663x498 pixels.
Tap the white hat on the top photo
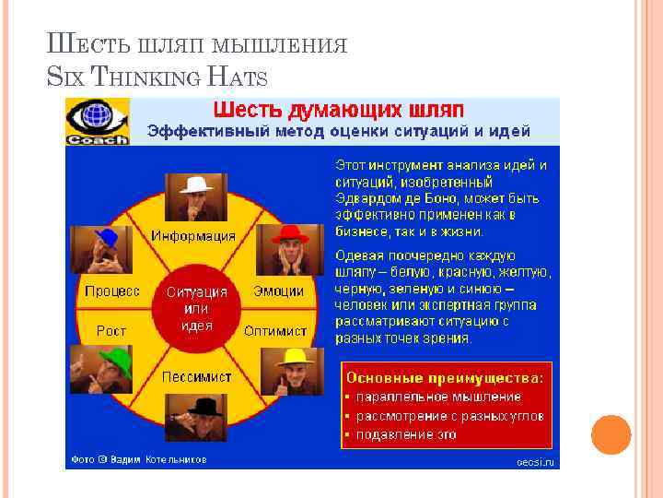click(196, 184)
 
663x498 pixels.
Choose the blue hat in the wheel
click(106, 237)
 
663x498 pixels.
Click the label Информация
click(193, 235)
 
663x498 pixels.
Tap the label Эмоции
click(278, 290)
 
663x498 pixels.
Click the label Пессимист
click(197, 377)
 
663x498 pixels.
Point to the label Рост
click(111, 330)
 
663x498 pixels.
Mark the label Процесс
click(112, 290)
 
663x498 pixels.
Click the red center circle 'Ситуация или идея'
click(196, 308)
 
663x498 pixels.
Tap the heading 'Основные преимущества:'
click(445, 378)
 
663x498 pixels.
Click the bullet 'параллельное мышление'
click(439, 397)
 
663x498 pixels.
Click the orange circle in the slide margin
click(611, 434)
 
